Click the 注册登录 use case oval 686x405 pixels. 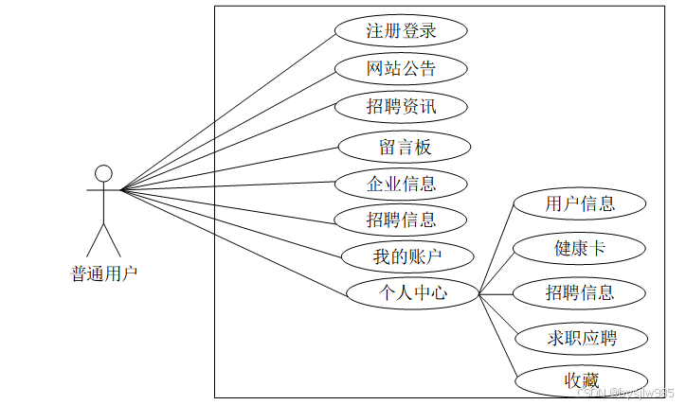point(402,30)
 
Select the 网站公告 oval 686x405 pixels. point(402,68)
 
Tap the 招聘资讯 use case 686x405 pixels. point(402,106)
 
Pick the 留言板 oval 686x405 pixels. point(405,147)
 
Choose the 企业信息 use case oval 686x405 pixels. point(402,183)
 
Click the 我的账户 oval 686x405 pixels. point(406,255)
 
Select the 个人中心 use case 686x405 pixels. point(412,293)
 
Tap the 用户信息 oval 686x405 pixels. point(580,203)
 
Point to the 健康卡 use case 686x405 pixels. point(580,248)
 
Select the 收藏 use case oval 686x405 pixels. point(582,380)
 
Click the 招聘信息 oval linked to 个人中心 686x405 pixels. point(580,292)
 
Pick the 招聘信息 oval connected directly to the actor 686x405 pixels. point(402,220)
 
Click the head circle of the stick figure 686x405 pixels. point(103,173)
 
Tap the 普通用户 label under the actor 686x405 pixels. point(104,274)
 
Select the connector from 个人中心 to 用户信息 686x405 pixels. point(496,248)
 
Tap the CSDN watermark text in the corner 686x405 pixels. point(625,392)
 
